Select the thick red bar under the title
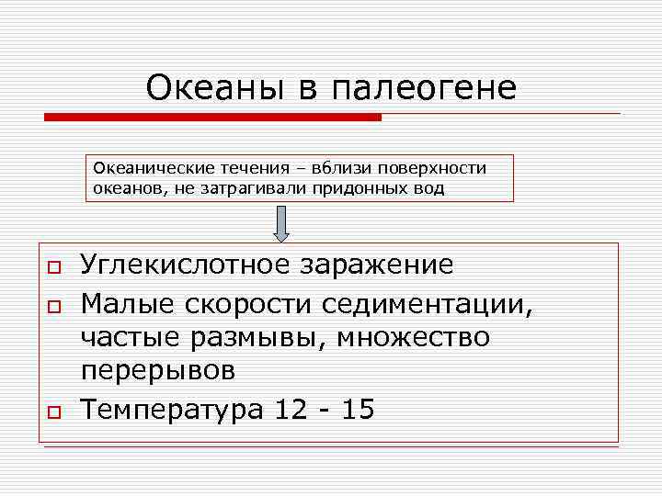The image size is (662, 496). [x=212, y=118]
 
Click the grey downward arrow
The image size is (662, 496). [x=282, y=223]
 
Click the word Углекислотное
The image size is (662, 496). [x=186, y=265]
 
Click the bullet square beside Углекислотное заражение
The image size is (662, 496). [x=53, y=267]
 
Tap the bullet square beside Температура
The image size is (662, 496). [x=53, y=411]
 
